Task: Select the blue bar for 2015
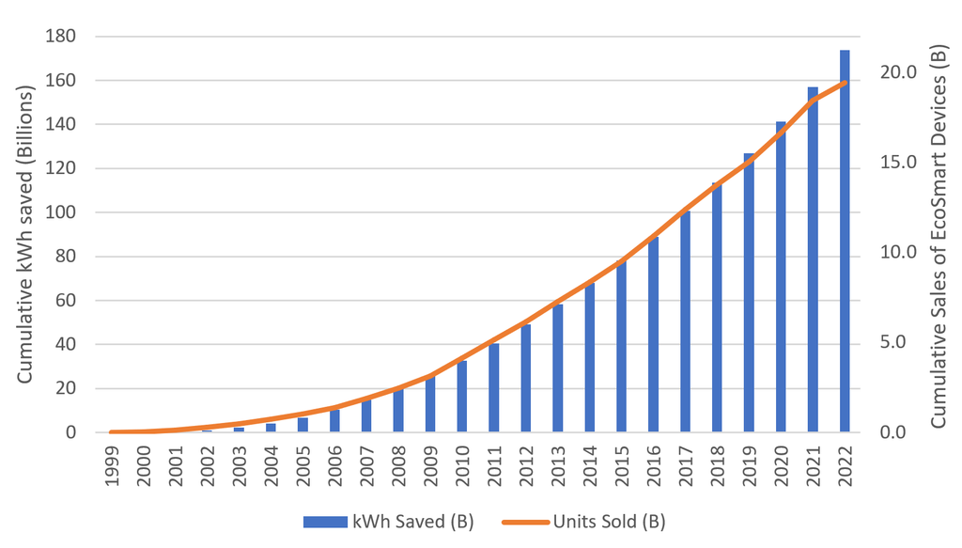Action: (x=621, y=347)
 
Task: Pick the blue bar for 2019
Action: (x=749, y=292)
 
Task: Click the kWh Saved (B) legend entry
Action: (x=389, y=522)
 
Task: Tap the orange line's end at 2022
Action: (x=846, y=83)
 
